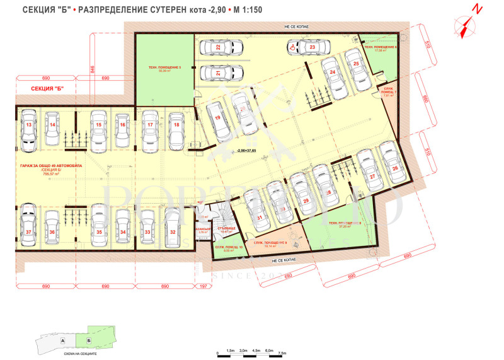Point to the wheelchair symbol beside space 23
(x=292, y=46)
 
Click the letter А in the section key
(x=64, y=339)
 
